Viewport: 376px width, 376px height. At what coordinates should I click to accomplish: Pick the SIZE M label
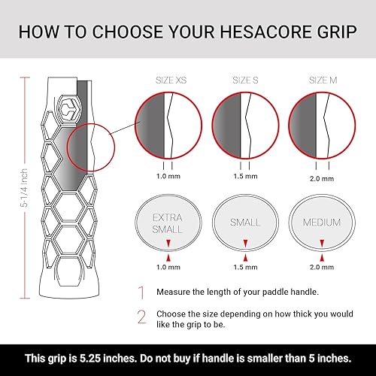pos(320,79)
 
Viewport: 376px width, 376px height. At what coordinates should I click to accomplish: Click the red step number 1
pos(140,292)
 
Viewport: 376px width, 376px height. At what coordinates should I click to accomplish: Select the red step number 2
pos(140,316)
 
